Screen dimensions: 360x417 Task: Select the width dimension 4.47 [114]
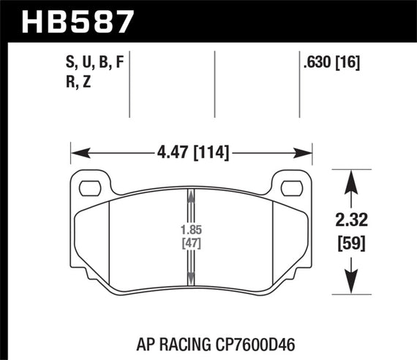(192, 153)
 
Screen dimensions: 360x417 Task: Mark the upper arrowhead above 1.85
(191, 195)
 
